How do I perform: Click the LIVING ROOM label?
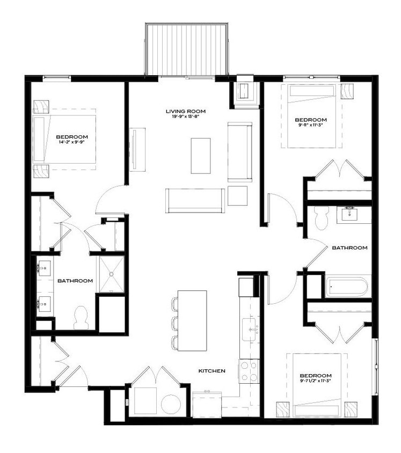pyautogui.click(x=185, y=112)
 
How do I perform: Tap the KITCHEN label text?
pyautogui.click(x=212, y=371)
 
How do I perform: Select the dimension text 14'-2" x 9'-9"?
pyautogui.click(x=72, y=143)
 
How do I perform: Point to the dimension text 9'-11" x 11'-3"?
pyautogui.click(x=311, y=126)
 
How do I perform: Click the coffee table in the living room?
pyautogui.click(x=201, y=156)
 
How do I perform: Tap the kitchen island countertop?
pyautogui.click(x=192, y=320)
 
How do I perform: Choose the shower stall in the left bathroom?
pyautogui.click(x=111, y=274)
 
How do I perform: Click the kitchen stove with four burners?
pyautogui.click(x=249, y=371)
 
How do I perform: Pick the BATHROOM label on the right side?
pyautogui.click(x=349, y=248)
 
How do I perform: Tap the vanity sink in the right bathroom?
pyautogui.click(x=349, y=213)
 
